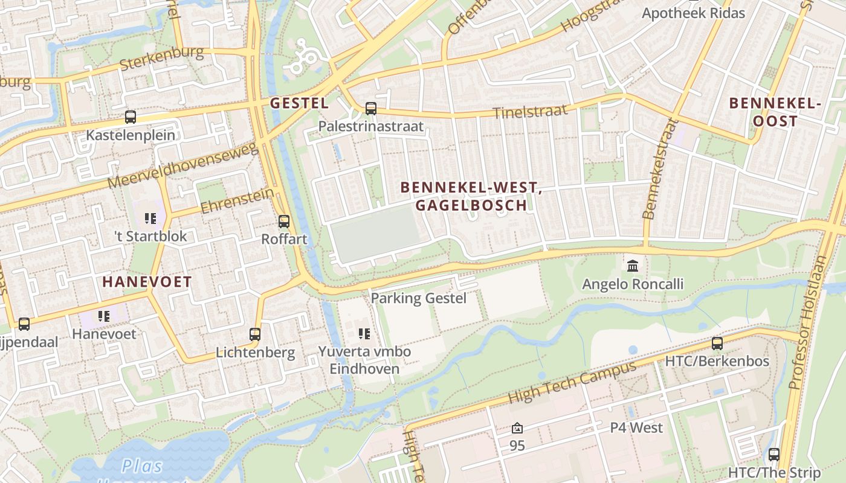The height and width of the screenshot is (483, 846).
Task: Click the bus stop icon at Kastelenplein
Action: pos(130,117)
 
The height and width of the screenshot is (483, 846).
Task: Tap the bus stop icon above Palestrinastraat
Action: pos(371,109)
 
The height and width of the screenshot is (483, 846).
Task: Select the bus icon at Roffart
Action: pos(284,222)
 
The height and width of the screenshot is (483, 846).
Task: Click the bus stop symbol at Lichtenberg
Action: pos(255,334)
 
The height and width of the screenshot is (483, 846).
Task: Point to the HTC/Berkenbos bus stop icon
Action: pos(717,344)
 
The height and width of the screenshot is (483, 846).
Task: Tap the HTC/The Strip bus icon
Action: pos(773,455)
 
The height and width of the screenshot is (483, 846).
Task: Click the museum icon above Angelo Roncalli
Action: pos(633,266)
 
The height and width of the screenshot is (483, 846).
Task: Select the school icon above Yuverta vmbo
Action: pos(364,333)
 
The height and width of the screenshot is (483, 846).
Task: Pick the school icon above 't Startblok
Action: pos(150,218)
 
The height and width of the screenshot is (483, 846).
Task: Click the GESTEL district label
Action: pos(299,103)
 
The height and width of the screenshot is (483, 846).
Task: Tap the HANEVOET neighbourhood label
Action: pos(147,281)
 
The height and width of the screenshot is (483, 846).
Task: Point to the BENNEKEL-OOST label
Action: pos(775,112)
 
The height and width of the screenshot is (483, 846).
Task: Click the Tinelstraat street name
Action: pos(530,111)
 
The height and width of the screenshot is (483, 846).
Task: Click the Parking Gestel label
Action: pos(418,298)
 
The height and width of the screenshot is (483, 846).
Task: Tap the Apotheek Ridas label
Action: pos(693,13)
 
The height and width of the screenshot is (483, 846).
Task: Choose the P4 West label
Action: pos(636,428)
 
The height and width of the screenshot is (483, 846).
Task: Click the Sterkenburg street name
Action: pos(161,58)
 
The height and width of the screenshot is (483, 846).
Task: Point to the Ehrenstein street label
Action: pos(237,200)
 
